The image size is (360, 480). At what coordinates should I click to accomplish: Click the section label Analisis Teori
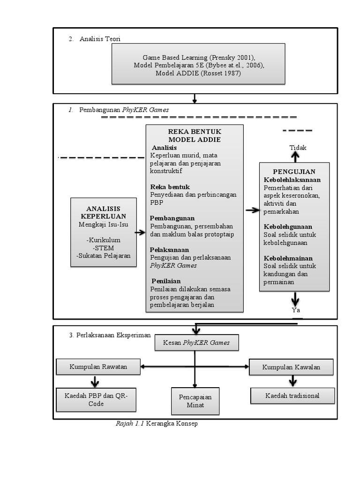(x=100, y=39)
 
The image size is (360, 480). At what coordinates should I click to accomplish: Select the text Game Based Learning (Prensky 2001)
(x=199, y=57)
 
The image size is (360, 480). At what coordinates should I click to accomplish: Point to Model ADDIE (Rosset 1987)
(x=199, y=74)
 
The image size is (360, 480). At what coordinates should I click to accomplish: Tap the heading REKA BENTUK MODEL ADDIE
(x=195, y=135)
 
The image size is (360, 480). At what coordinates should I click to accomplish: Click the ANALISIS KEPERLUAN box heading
(x=104, y=212)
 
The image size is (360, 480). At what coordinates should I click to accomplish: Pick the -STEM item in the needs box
(x=104, y=248)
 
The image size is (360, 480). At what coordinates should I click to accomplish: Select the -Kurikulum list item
(x=104, y=240)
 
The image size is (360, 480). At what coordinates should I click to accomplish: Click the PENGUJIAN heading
(x=294, y=172)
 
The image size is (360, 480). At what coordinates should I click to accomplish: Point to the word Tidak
(x=298, y=148)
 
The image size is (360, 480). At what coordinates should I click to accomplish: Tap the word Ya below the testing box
(x=296, y=310)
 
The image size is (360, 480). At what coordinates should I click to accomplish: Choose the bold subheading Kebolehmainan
(x=288, y=258)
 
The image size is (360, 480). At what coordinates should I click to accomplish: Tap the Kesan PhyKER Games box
(x=196, y=343)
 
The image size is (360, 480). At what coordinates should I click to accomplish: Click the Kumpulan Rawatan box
(x=98, y=367)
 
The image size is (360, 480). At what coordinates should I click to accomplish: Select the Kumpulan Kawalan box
(x=291, y=367)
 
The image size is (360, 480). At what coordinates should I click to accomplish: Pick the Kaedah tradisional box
(x=292, y=396)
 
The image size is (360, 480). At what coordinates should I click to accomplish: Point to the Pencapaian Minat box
(x=195, y=401)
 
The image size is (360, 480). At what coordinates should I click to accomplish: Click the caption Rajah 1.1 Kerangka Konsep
(x=157, y=424)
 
